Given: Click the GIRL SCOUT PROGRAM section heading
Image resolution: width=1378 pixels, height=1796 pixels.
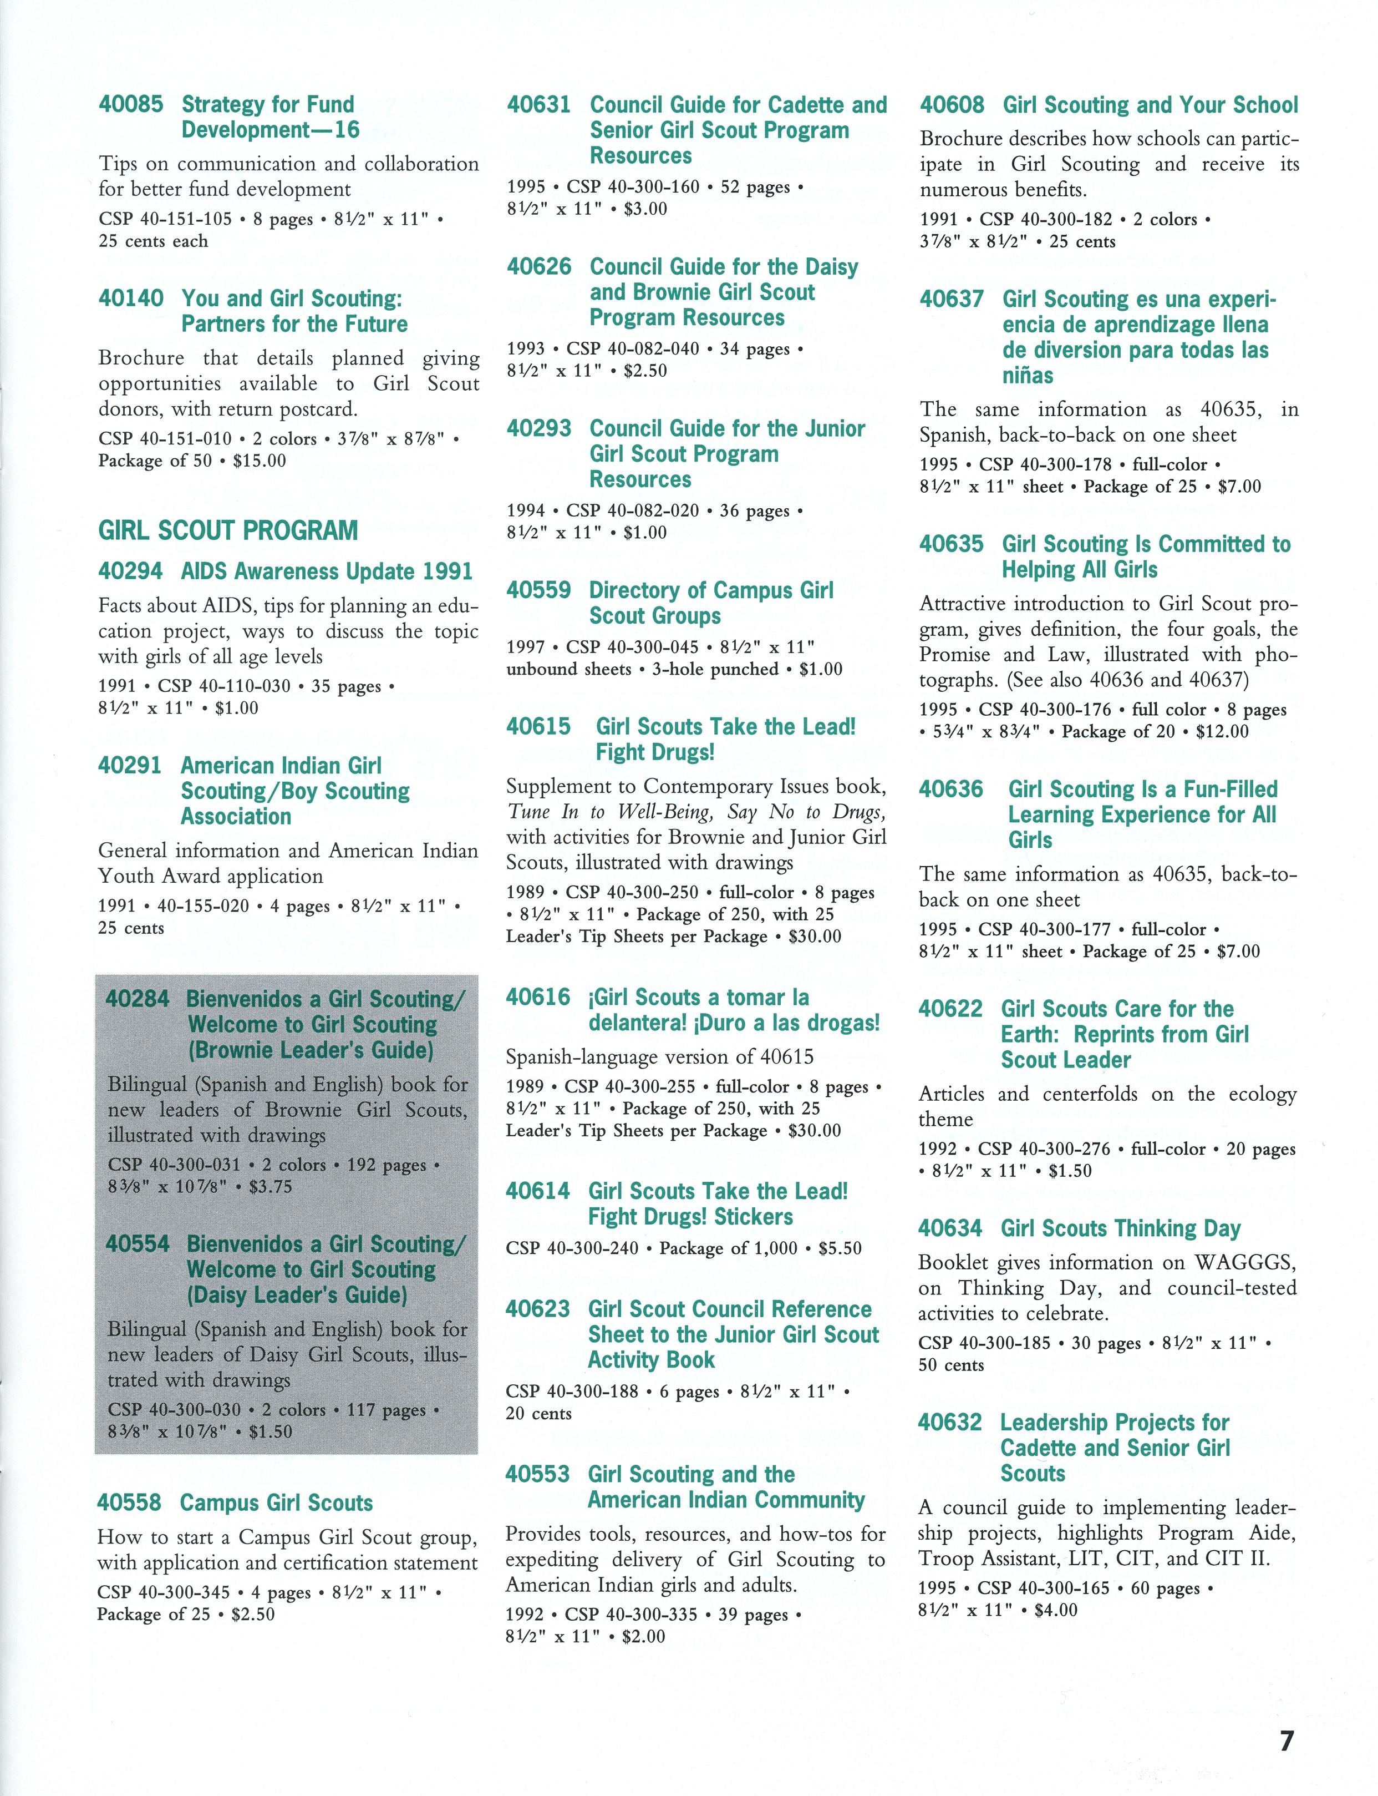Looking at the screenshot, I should pos(228,530).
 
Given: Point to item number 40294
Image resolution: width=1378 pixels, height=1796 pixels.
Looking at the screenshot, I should pos(130,571).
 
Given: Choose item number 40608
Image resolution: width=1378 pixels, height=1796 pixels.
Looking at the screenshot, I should pos(952,105).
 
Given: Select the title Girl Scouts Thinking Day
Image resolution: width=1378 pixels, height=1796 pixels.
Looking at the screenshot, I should pos(1121,1228).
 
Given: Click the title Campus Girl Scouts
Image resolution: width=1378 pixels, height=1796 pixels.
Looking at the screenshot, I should pos(276,1502).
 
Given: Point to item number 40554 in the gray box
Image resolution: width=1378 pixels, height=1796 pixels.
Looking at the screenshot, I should pos(138,1244).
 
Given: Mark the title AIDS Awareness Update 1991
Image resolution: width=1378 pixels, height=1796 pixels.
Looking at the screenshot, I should pos(327,571).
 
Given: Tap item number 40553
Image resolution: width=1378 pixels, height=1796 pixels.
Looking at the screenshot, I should pos(537,1474).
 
